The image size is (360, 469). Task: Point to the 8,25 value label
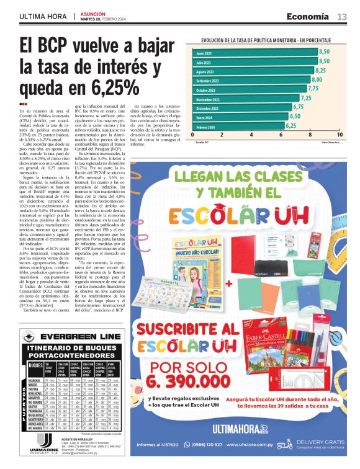320,71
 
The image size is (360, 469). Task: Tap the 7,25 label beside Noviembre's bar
306,98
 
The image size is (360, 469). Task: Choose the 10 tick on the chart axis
339,135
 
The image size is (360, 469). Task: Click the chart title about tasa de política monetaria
268,40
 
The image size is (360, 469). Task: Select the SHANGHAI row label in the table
35,380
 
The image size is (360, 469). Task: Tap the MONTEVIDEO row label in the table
35,419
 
